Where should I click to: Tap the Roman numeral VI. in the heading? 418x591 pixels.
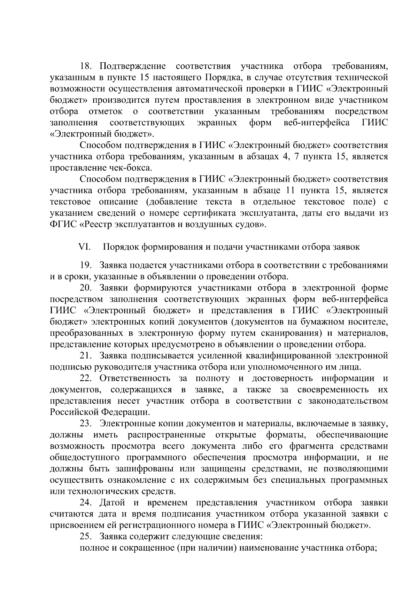pos(85,247)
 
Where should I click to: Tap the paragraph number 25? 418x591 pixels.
pos(85,536)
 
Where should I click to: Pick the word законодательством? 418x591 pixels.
pos(348,401)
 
